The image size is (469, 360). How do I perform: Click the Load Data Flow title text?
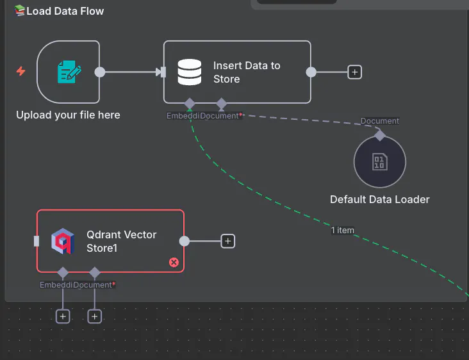(65, 11)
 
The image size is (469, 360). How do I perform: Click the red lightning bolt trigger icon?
(21, 71)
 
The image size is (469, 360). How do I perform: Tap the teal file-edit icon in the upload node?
(69, 72)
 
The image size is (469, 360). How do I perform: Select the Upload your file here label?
(68, 115)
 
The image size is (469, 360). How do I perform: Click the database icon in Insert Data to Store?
(190, 72)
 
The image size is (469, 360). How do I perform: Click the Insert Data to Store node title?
(247, 72)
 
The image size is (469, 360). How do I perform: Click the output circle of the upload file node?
(100, 72)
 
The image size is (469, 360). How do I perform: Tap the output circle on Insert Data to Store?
(311, 72)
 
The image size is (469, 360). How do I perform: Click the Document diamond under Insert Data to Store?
(221, 104)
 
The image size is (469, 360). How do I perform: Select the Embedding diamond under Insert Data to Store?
(190, 104)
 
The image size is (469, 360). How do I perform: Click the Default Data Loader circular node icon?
(380, 162)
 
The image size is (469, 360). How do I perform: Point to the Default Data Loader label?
(380, 199)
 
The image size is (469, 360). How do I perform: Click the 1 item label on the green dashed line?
(343, 231)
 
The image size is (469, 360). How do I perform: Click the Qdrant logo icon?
(63, 241)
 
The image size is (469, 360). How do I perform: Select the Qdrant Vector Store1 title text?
(122, 241)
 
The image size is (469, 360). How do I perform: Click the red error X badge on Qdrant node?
(174, 262)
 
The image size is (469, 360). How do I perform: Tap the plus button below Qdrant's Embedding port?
(62, 316)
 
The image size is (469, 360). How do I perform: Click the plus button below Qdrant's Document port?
(95, 316)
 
